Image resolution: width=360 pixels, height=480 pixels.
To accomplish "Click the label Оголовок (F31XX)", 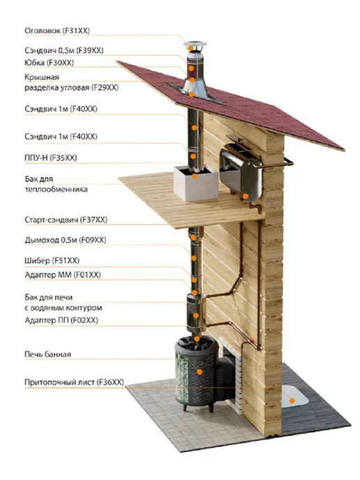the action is [x=57, y=31].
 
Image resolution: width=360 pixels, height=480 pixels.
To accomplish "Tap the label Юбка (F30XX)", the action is [x=50, y=63].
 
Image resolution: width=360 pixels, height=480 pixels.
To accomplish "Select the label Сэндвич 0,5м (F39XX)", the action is [x=64, y=50].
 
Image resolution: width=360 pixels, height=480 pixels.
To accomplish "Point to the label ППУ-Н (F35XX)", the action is [x=51, y=158].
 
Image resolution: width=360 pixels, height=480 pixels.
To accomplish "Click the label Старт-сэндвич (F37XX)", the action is [x=66, y=220].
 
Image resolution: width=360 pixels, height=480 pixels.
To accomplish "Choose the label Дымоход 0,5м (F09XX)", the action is [x=66, y=240].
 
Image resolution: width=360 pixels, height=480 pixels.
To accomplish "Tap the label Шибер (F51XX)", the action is [x=52, y=260].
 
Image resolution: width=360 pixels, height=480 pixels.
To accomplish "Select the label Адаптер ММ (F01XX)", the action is [x=63, y=275].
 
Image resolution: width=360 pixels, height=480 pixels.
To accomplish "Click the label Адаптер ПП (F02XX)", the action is [x=61, y=320].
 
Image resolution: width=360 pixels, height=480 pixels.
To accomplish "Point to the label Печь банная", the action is [x=47, y=354].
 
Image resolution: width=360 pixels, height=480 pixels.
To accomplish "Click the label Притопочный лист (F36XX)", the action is [x=75, y=382].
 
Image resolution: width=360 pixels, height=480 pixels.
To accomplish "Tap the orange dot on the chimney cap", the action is [x=191, y=48].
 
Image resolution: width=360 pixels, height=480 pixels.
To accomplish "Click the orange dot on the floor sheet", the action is [x=292, y=400].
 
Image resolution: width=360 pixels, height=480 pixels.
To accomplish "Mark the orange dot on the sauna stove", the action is [x=200, y=372].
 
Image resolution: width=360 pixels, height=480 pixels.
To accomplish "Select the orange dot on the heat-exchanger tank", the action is [x=246, y=196].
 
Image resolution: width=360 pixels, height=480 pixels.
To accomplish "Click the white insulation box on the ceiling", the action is [x=196, y=183].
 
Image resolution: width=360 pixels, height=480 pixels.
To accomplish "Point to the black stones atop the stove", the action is [x=196, y=343].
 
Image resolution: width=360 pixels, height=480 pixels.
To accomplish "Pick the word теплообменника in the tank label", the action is [x=57, y=190].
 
